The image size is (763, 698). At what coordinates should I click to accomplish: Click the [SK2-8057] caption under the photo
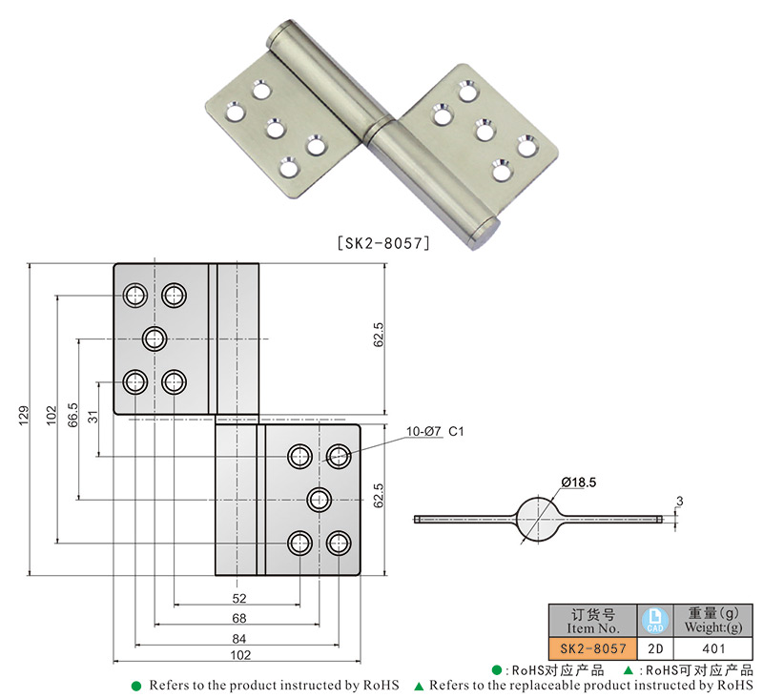point(383,243)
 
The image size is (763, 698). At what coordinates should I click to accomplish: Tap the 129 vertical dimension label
point(23,418)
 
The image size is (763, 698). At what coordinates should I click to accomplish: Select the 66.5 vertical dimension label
point(73,418)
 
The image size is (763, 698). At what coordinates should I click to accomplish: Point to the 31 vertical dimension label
point(93,418)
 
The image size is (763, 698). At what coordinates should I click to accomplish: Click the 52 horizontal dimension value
point(238,599)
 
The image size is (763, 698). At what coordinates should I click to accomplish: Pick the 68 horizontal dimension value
point(238,618)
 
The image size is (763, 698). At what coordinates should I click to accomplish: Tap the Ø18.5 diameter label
point(578,483)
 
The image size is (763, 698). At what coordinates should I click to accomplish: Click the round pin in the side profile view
point(538,519)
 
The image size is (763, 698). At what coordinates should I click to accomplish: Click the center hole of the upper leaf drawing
point(155,338)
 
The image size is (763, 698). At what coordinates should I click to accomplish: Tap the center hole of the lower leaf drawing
point(319,498)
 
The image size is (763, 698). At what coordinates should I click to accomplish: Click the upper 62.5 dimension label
point(379,336)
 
